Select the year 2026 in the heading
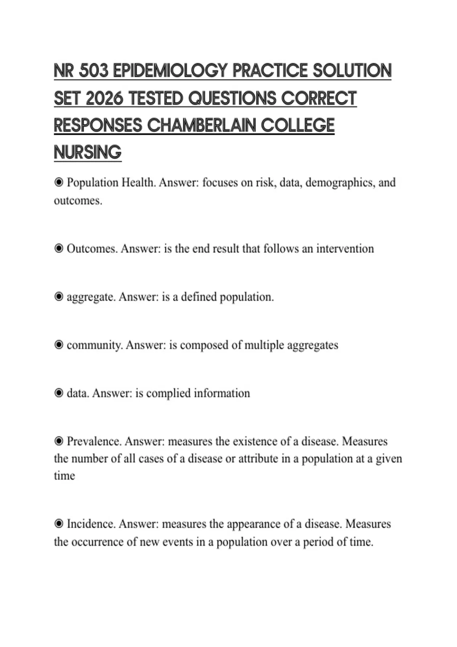105,99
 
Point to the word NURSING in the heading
88,153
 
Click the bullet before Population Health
59,183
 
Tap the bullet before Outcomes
59,249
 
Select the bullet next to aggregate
59,297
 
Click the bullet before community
59,345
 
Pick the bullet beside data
59,393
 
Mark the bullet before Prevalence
59,441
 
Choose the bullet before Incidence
59,524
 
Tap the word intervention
345,249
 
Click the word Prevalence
94,441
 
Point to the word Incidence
91,524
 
